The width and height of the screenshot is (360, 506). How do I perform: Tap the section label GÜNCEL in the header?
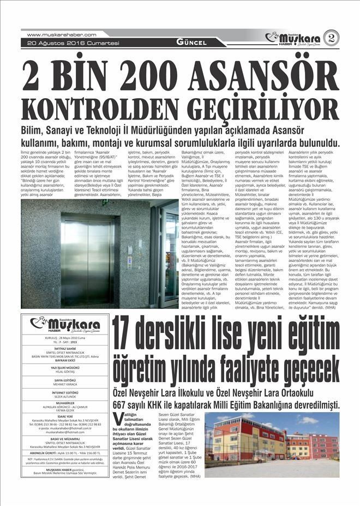pyautogui.click(x=191, y=42)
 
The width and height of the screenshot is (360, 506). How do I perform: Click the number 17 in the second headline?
pyautogui.click(x=128, y=335)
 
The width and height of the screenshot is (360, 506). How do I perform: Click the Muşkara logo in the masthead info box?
pyautogui.click(x=64, y=324)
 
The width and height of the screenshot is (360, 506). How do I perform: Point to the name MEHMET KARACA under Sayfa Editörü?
pyautogui.click(x=64, y=385)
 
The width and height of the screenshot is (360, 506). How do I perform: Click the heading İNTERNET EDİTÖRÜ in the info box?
pyautogui.click(x=64, y=392)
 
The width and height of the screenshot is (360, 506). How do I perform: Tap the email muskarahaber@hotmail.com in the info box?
pyautogui.click(x=64, y=432)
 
